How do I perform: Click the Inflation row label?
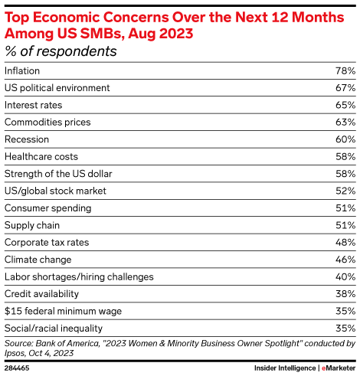(22, 70)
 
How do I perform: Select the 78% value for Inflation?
(345, 70)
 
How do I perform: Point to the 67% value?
(345, 88)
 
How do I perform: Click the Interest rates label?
(33, 105)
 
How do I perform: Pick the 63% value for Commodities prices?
(345, 122)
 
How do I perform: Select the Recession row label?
(27, 139)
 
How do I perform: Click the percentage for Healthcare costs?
(345, 156)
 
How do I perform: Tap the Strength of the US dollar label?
(58, 174)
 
